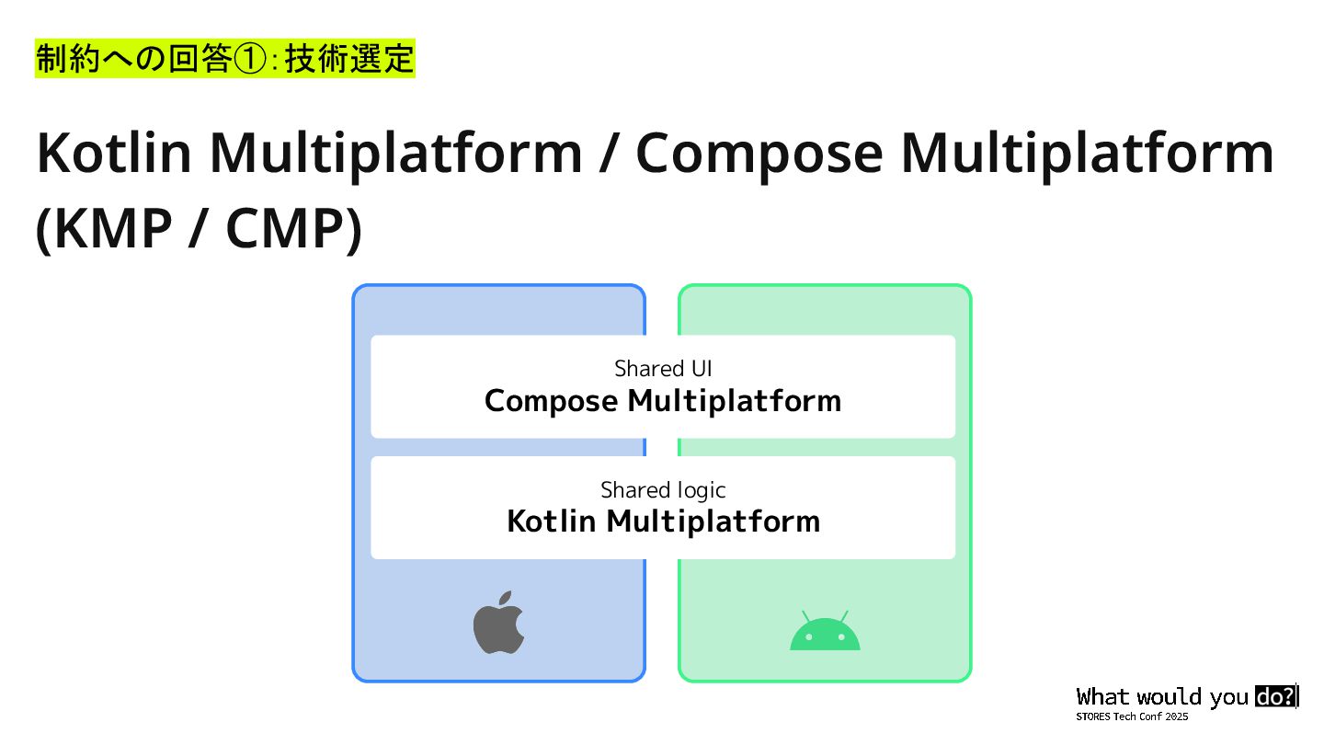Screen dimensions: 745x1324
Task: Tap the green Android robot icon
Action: point(825,634)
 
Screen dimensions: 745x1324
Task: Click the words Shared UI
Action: point(663,369)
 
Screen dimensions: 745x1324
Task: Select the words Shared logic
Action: point(663,489)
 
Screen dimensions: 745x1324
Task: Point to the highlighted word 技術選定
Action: point(349,60)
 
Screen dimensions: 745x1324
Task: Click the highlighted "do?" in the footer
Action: point(1275,696)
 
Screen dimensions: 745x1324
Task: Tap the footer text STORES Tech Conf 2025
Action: point(1132,716)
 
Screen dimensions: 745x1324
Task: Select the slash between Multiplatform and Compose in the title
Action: point(609,153)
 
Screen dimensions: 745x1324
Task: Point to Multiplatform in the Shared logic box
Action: point(713,521)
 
